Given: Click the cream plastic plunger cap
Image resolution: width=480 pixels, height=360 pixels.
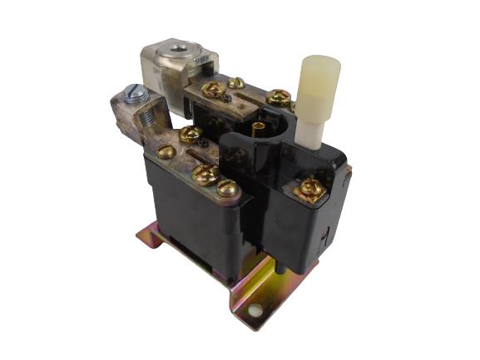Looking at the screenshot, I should [319, 76].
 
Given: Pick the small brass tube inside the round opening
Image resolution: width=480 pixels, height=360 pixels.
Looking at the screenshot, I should [258, 127].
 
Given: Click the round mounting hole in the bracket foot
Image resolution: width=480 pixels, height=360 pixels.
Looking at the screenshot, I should [255, 311].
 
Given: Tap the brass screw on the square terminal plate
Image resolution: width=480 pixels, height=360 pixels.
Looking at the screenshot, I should [310, 190].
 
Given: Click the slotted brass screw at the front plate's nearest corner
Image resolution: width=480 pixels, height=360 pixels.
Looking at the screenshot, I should [226, 190].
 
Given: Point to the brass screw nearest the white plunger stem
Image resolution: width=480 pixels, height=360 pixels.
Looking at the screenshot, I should [279, 97].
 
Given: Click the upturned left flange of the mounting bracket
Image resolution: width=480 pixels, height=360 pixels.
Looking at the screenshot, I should [154, 237].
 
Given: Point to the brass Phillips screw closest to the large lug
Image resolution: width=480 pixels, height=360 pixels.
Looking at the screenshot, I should [215, 89].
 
